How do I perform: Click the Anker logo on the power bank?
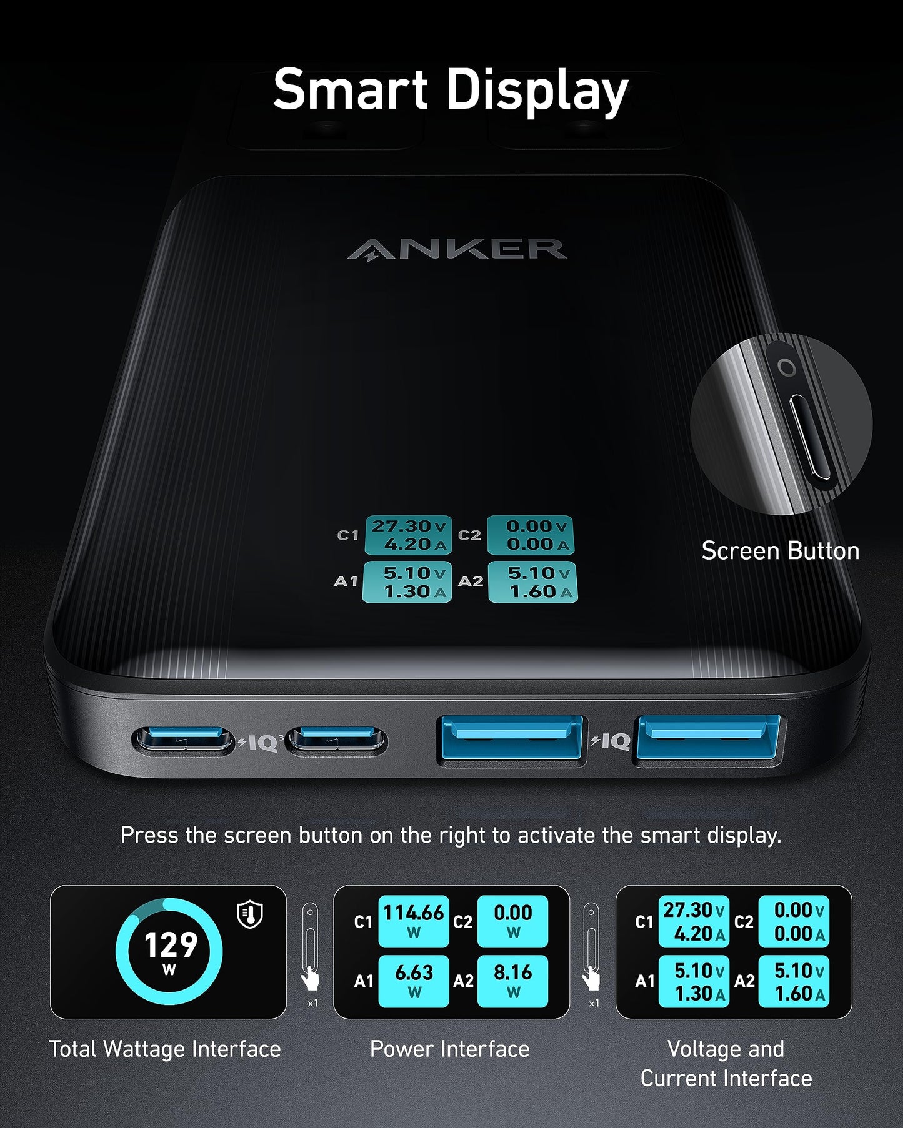(457, 249)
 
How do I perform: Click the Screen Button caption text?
(780, 551)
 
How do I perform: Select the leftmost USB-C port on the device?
(184, 740)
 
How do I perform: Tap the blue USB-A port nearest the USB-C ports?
(512, 739)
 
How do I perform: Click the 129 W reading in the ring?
(170, 951)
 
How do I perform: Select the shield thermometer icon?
(250, 914)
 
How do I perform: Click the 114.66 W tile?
(413, 921)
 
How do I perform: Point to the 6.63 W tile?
(413, 981)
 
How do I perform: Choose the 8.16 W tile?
(512, 981)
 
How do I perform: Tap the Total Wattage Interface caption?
(165, 1049)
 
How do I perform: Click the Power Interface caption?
(449, 1049)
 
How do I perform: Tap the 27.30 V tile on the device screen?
(408, 535)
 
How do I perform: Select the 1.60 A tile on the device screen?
(532, 582)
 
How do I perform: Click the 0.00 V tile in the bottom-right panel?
(794, 921)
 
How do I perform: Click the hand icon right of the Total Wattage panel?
(311, 979)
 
